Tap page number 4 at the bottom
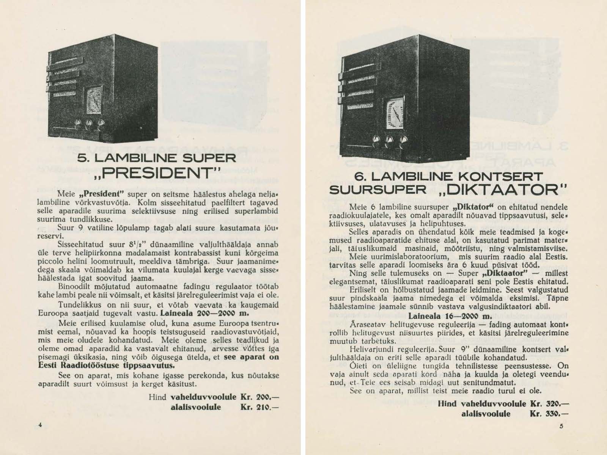pos(40,425)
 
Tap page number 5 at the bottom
pos(561,426)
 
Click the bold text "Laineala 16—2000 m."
pos(450,316)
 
